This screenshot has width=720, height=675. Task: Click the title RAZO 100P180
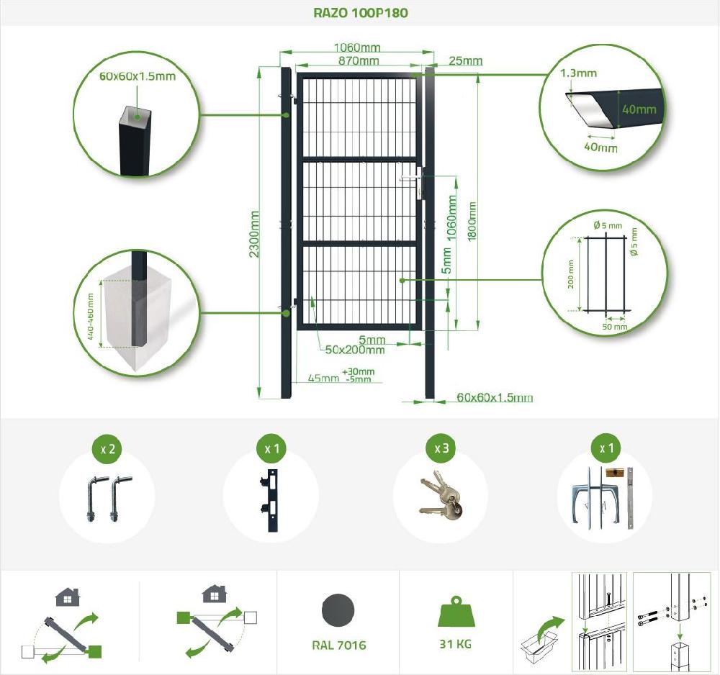361,13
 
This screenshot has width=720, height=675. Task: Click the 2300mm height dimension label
254,234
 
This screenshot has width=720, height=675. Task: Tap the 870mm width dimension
359,60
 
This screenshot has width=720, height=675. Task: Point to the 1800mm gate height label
472,222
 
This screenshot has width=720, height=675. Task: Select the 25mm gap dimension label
466,60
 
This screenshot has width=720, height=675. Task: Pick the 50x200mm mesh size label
355,350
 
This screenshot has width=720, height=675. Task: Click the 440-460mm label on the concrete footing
91,317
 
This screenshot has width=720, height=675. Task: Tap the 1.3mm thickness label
579,73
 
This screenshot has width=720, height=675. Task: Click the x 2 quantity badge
108,448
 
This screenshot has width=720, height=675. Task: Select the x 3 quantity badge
441,448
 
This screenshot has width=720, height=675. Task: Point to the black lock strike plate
270,500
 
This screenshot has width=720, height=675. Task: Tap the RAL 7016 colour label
339,645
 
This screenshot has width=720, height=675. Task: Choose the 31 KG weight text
455,644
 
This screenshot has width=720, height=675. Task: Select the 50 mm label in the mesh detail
615,327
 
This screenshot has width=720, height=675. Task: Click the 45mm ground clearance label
323,378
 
